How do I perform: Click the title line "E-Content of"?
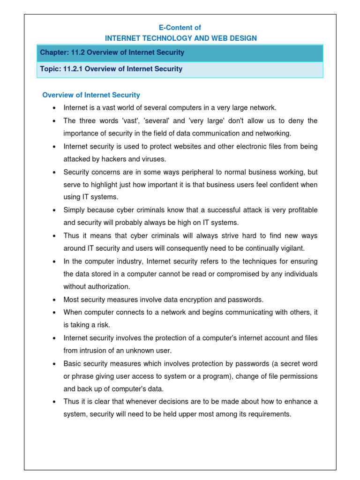click(x=180, y=28)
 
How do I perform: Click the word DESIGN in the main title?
click(x=240, y=38)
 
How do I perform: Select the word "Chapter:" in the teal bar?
click(x=53, y=52)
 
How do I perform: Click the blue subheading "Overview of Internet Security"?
click(x=91, y=95)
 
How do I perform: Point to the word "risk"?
click(x=103, y=325)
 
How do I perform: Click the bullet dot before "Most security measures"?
click(x=54, y=300)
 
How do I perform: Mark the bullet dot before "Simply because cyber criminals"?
click(x=54, y=210)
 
